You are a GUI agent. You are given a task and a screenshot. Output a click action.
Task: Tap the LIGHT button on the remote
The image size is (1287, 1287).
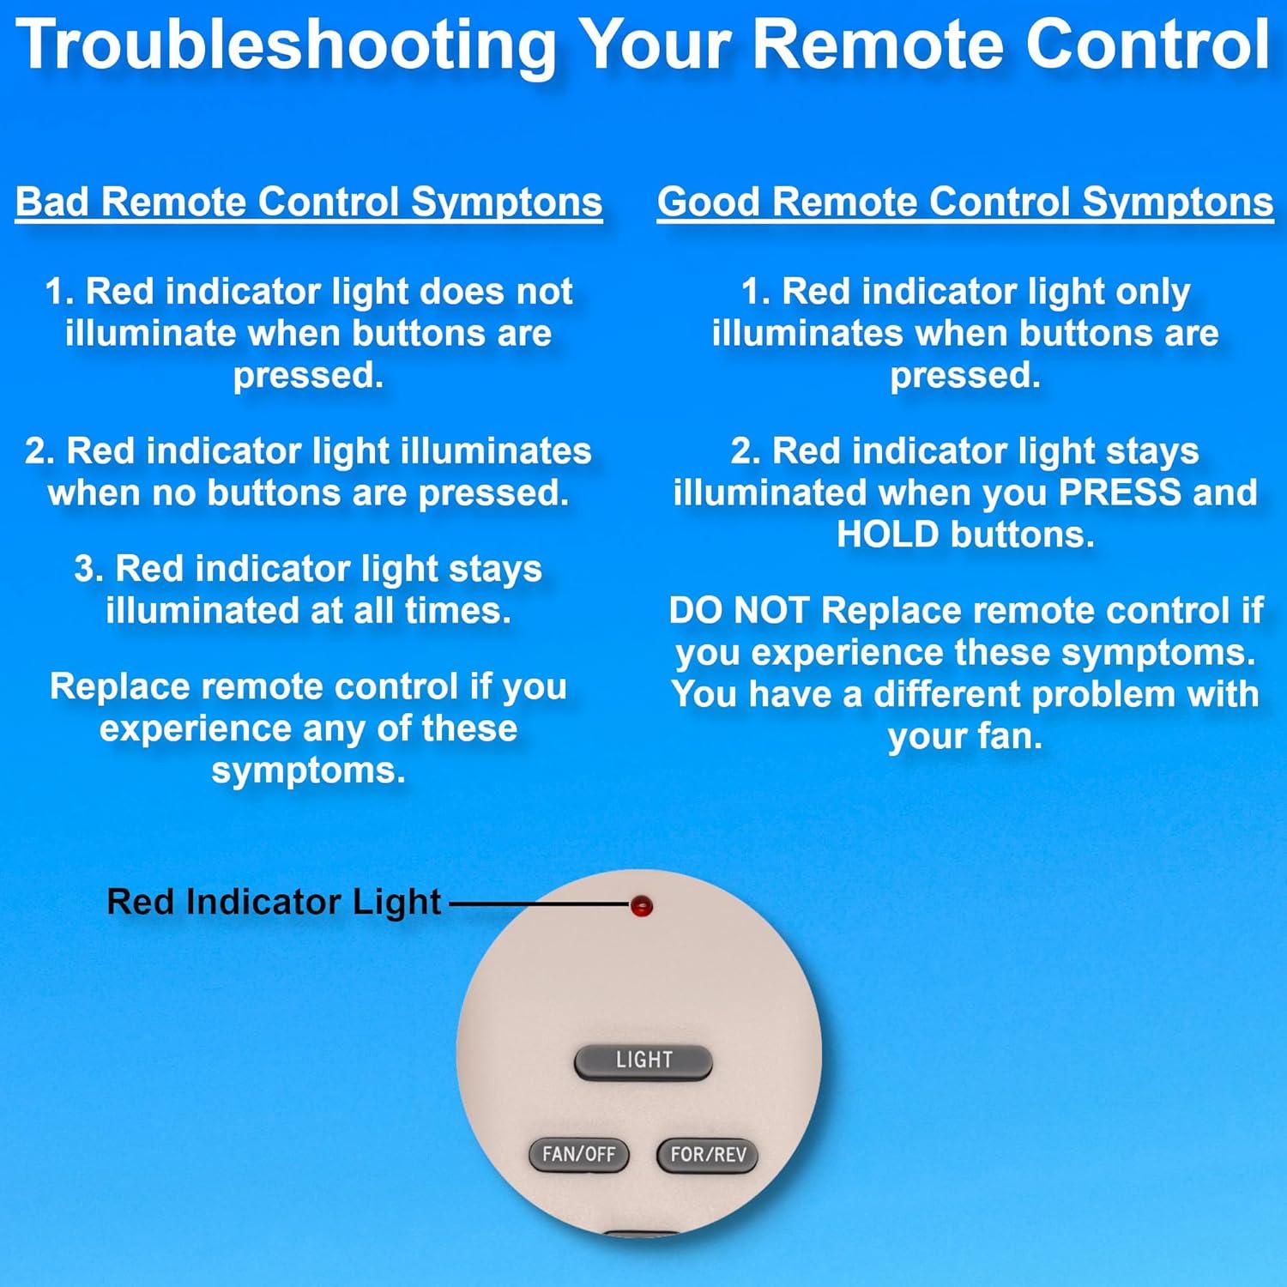pyautogui.click(x=643, y=1060)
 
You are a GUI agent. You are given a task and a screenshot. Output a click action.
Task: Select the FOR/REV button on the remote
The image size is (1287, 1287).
pyautogui.click(x=708, y=1154)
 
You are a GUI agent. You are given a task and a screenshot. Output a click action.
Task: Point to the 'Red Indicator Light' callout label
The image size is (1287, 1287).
pyautogui.click(x=274, y=902)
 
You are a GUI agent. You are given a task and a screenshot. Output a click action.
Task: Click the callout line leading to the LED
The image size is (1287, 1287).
pyautogui.click(x=539, y=903)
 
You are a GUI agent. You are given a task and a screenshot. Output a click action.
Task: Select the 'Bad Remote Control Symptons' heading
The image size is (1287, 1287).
pyautogui.click(x=309, y=202)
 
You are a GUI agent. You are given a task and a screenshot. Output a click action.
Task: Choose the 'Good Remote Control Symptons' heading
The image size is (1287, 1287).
pyautogui.click(x=965, y=202)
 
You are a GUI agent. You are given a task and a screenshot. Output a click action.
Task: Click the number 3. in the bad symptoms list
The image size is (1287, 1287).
pyautogui.click(x=88, y=569)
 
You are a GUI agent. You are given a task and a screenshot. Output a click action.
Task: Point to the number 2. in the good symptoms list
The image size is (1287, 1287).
pyautogui.click(x=745, y=451)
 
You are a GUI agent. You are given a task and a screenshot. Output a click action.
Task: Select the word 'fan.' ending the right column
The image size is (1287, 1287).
pyautogui.click(x=1007, y=736)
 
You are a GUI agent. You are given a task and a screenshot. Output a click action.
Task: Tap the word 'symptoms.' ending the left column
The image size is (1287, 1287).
pyautogui.click(x=309, y=770)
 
